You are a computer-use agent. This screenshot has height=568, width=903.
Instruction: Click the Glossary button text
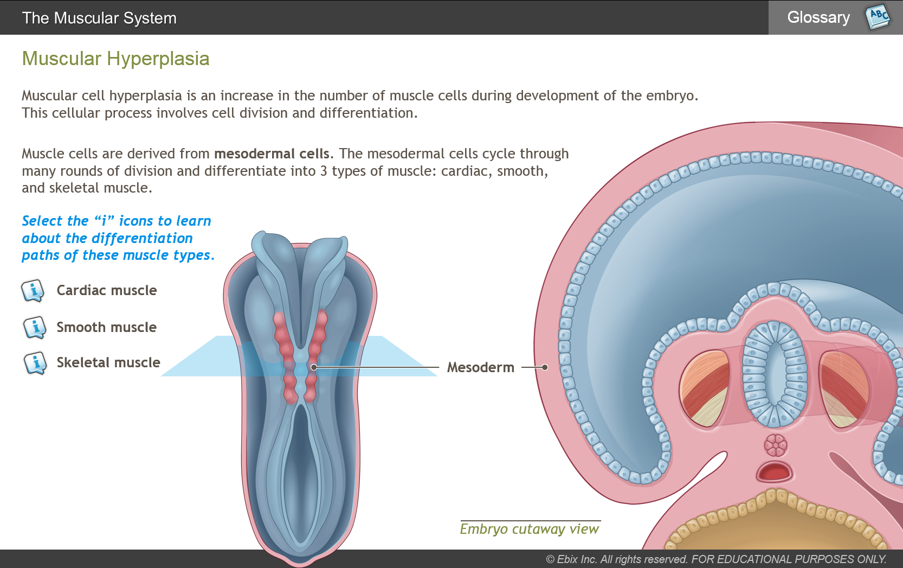point(818,17)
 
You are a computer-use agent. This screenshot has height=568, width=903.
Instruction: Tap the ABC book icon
point(877,17)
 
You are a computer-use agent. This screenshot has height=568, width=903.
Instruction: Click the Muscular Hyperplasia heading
point(115,59)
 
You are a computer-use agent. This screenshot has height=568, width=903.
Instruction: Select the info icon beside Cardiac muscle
point(33,291)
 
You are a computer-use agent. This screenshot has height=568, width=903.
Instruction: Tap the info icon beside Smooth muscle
point(34,327)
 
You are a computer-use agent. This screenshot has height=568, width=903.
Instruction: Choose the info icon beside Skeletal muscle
point(35,363)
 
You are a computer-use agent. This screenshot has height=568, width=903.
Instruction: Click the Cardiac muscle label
point(106,290)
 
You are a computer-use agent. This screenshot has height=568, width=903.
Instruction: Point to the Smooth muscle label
point(106,327)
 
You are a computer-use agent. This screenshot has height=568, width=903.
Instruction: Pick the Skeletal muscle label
point(108,363)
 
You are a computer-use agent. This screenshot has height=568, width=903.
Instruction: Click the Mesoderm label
point(481,367)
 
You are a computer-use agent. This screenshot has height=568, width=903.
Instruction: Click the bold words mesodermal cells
point(272,154)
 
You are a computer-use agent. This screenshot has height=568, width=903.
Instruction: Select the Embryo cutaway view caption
point(530,529)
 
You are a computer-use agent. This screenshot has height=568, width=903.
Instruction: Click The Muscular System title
point(99,18)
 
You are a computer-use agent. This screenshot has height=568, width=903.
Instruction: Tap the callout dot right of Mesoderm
point(545,367)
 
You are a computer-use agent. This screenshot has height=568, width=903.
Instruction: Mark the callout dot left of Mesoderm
point(314,367)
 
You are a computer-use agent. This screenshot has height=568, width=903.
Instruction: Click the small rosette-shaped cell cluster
point(775,445)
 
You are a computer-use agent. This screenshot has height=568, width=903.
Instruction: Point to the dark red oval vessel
point(775,472)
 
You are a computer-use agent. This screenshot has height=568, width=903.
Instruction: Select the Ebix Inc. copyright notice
point(716,559)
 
